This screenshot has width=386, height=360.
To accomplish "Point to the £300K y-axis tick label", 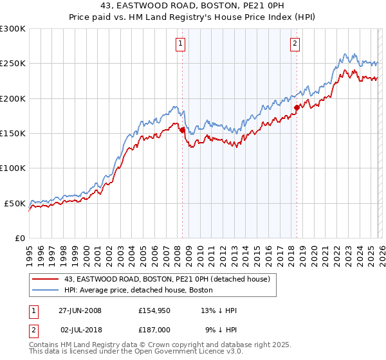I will pyautogui.click(x=13, y=29).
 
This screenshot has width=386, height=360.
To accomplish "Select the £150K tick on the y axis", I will pyautogui.click(x=13, y=133).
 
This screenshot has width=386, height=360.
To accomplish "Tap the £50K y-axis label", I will pyautogui.click(x=15, y=203).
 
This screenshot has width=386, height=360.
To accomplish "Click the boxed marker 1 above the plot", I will pyautogui.click(x=180, y=44).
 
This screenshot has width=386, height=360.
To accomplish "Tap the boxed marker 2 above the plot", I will pyautogui.click(x=295, y=44).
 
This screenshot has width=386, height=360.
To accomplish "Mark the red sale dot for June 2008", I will pyautogui.click(x=182, y=130).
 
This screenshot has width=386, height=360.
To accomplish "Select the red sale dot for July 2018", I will pyautogui.click(x=297, y=107).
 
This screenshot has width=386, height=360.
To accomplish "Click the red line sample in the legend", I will pyautogui.click(x=45, y=279).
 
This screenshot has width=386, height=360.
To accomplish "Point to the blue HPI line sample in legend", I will pyautogui.click(x=45, y=291).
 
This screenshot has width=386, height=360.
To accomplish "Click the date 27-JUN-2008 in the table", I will pyautogui.click(x=80, y=310).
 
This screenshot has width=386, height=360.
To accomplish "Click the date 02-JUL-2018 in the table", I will pyautogui.click(x=80, y=330).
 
